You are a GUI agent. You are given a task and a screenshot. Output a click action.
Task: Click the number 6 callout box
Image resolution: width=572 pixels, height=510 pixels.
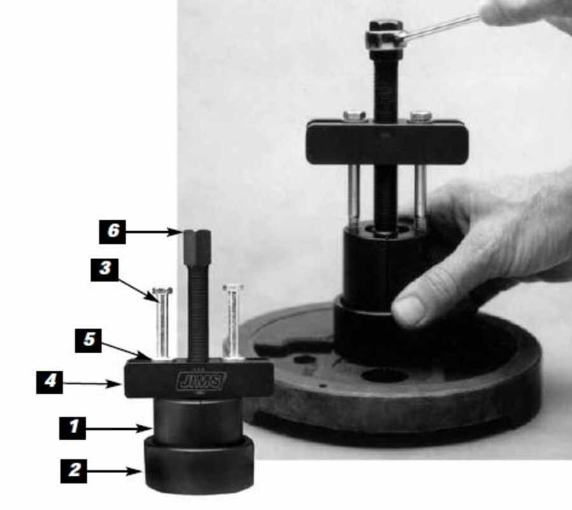click(112, 232)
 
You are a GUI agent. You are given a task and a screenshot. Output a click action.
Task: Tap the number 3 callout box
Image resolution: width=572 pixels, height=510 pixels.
click(105, 270)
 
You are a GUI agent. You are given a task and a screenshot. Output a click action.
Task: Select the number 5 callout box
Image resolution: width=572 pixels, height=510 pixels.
click(88, 340)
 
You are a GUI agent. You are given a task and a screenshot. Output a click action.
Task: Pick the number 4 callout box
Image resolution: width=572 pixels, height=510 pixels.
click(50, 382)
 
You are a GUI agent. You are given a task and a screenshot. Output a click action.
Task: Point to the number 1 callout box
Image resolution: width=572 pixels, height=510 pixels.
click(72, 428)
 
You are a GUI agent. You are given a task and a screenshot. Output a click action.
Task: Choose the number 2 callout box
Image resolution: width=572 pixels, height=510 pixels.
click(74, 471)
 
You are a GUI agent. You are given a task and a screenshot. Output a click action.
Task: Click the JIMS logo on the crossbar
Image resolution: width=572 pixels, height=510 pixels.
click(201, 380)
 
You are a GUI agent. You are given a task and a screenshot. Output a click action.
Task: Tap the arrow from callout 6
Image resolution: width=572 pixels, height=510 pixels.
click(154, 232)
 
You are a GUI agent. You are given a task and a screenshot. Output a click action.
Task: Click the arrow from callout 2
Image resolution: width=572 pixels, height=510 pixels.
click(114, 471)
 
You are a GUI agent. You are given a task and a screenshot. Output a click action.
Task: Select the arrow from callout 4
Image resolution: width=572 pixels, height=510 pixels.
click(92, 384)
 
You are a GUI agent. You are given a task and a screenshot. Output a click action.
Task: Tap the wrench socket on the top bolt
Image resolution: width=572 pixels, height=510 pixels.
click(386, 39)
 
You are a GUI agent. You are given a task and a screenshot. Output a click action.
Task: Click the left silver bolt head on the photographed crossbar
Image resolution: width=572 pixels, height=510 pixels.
click(355, 115)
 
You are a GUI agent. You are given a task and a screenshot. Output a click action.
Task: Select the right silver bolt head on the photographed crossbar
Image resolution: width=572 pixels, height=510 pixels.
click(421, 116)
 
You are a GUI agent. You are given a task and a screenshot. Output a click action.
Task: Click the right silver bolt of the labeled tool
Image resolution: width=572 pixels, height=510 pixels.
click(233, 321)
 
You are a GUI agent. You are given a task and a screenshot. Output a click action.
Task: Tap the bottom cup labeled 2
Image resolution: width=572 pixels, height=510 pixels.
click(199, 465)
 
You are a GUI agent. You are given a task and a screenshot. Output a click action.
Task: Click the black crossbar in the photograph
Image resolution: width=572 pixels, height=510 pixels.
click(386, 142)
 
